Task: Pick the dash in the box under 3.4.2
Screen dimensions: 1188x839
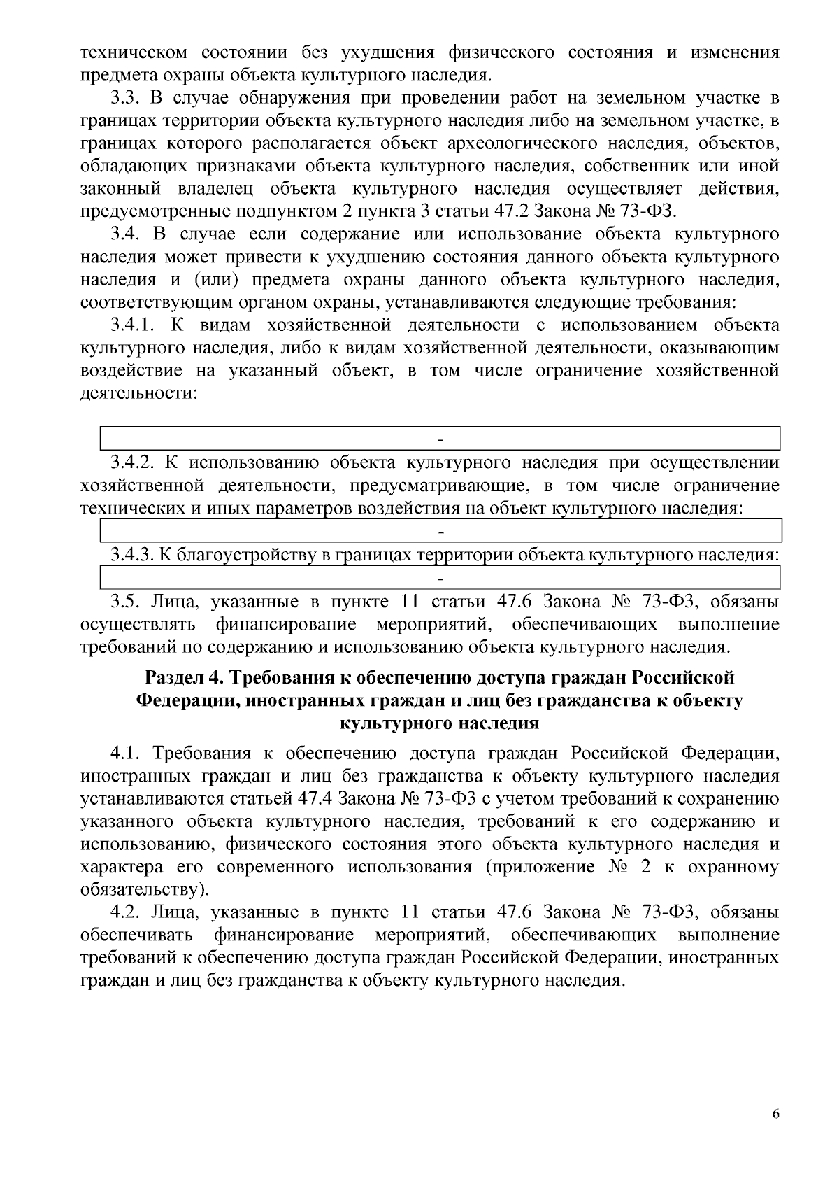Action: [440, 532]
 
